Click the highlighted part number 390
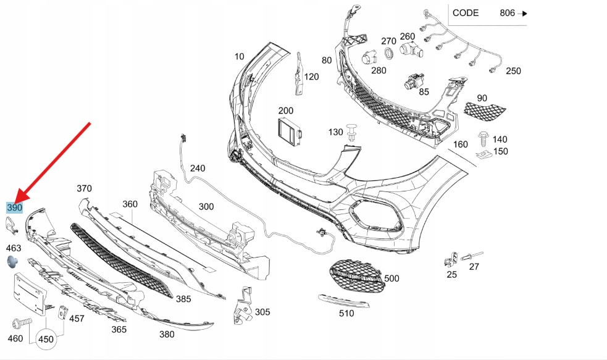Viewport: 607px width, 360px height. click(x=14, y=208)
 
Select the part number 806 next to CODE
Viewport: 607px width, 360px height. click(x=508, y=12)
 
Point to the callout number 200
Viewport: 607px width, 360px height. click(x=285, y=111)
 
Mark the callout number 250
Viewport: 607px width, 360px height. click(x=513, y=71)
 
